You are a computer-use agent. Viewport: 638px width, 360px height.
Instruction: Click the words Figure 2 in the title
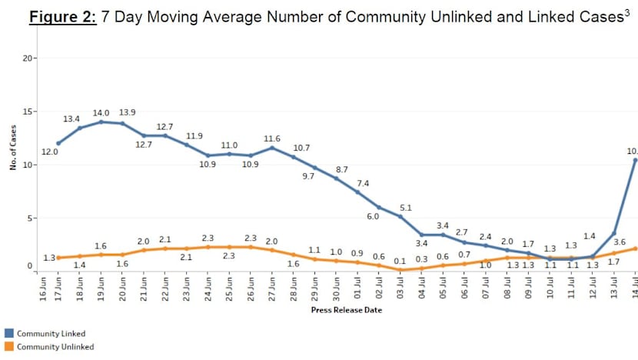click(62, 17)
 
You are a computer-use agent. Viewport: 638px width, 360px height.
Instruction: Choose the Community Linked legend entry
click(51, 333)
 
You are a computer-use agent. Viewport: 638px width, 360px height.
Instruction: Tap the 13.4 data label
click(71, 119)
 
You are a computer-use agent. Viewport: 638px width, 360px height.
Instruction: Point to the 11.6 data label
click(272, 138)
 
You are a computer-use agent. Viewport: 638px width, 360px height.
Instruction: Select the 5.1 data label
click(407, 207)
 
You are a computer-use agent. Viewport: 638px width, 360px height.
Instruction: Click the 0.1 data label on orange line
click(400, 261)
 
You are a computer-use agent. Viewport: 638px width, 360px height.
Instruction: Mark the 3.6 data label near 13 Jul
click(619, 243)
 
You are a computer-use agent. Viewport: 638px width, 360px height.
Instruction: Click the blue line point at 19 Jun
click(101, 122)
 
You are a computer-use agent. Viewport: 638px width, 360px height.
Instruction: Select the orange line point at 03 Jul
click(401, 269)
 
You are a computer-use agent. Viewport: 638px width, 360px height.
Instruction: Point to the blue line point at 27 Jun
click(271, 148)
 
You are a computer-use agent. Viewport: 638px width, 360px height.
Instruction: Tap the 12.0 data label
click(51, 152)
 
